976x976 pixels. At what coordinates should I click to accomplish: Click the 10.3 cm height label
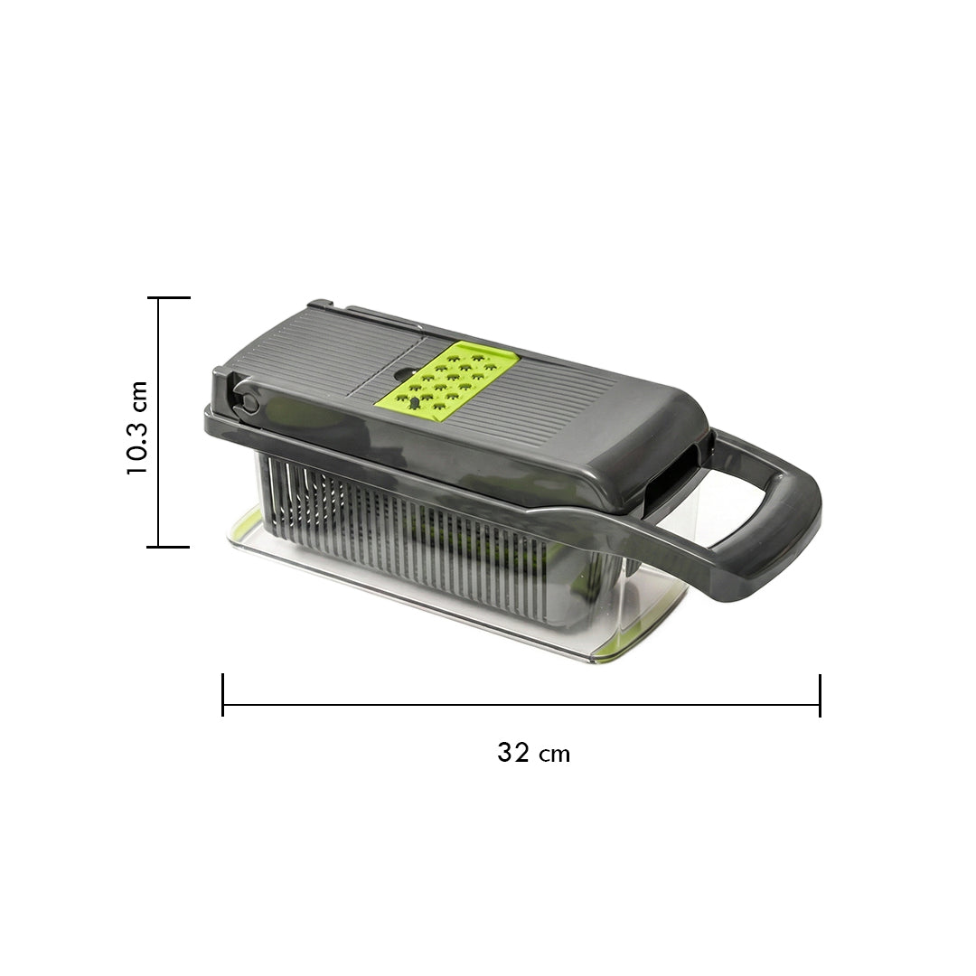(x=137, y=427)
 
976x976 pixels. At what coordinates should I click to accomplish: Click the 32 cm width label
(x=533, y=753)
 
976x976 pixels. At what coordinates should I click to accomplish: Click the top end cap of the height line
(x=169, y=298)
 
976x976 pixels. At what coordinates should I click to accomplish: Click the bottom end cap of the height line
(x=168, y=547)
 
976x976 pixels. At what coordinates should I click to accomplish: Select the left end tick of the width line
(x=223, y=695)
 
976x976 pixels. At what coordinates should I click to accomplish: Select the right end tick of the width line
(x=820, y=695)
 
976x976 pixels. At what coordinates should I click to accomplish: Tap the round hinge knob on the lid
(x=247, y=401)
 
